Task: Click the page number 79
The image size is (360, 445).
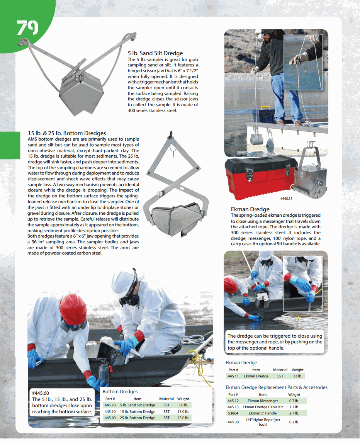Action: click(27, 28)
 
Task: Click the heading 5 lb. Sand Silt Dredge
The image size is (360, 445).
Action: click(155, 53)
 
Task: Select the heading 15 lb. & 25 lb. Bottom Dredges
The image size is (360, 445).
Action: click(67, 133)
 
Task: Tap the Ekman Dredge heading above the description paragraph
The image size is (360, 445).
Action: click(250, 209)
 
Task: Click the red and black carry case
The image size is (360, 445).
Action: click(257, 175)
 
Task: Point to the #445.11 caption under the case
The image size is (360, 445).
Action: click(286, 199)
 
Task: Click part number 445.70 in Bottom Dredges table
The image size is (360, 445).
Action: click(110, 405)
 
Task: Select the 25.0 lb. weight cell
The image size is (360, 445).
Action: click(183, 418)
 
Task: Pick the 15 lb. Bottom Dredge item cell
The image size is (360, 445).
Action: click(138, 411)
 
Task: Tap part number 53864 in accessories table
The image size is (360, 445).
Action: click(233, 413)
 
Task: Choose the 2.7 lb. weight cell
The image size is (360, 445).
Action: click(294, 413)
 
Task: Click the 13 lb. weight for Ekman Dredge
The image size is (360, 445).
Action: click(297, 376)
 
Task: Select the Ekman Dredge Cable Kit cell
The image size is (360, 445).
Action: click(263, 407)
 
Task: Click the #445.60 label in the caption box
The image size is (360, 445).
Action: click(41, 393)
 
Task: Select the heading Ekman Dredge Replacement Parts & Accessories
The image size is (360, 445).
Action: click(276, 387)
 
